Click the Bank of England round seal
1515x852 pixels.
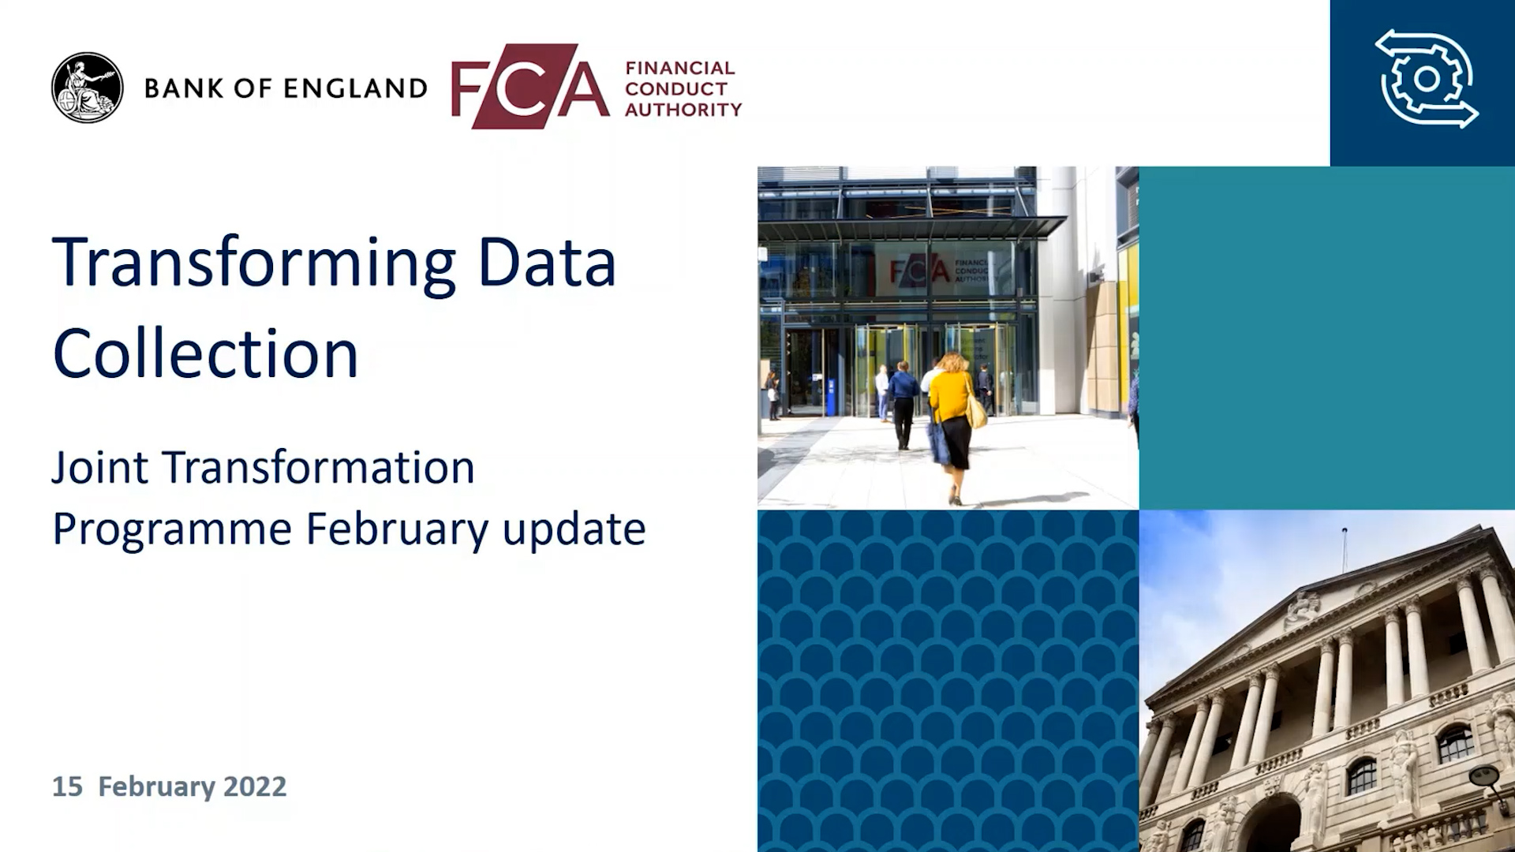88,88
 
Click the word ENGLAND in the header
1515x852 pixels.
356,88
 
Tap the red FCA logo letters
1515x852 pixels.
530,86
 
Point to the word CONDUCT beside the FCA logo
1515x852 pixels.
676,89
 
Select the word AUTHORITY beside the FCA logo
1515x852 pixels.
683,110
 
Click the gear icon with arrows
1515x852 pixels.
1427,79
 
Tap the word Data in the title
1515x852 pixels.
546,263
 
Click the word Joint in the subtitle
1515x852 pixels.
99,468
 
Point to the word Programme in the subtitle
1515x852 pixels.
172,529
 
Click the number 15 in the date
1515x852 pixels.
67,787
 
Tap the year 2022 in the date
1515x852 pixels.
255,787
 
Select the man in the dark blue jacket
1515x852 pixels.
903,405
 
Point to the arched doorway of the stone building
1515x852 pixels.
1272,825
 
